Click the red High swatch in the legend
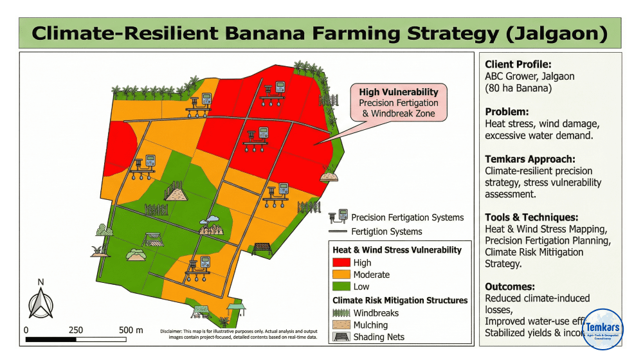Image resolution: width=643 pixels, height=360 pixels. pyautogui.click(x=341, y=262)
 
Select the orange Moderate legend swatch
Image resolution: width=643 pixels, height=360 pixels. pyautogui.click(x=341, y=274)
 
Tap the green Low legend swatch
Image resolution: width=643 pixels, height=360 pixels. pyautogui.click(x=341, y=287)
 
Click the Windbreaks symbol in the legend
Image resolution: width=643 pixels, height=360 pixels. pyautogui.click(x=341, y=313)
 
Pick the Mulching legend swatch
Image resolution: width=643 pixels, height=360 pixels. pyautogui.click(x=341, y=325)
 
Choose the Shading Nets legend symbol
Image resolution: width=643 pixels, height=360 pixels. pyautogui.click(x=341, y=336)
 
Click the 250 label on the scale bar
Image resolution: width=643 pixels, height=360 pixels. pyautogui.click(x=75, y=330)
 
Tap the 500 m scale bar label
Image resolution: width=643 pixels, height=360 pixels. pyautogui.click(x=131, y=330)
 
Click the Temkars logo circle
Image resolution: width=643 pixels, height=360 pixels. pyautogui.click(x=602, y=329)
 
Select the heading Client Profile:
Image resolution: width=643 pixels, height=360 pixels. pyautogui.click(x=518, y=64)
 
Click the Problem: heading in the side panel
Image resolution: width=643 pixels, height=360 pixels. pyautogui.click(x=506, y=111)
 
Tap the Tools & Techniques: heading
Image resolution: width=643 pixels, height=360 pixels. pyautogui.click(x=532, y=217)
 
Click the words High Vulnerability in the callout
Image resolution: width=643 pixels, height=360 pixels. pyautogui.click(x=399, y=92)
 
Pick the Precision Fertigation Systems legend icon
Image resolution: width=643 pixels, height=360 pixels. pyautogui.click(x=339, y=217)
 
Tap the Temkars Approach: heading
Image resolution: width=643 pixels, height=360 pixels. pyautogui.click(x=530, y=159)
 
